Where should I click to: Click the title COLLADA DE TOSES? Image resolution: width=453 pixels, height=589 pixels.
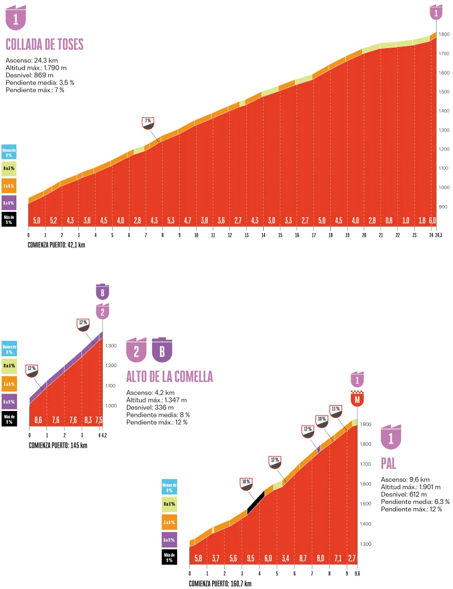coord(44,44)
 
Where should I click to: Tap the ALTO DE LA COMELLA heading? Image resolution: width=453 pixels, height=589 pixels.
coord(169,377)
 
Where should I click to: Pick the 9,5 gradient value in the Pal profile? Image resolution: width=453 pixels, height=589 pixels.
coord(251,558)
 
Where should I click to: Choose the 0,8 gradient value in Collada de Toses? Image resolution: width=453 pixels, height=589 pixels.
coord(389,220)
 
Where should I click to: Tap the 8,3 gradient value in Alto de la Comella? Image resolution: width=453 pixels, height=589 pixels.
coord(88,420)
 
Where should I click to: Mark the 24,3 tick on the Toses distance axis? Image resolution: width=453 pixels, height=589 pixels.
coord(439,236)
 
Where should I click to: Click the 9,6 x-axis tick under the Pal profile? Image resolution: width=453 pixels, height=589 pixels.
coord(357,574)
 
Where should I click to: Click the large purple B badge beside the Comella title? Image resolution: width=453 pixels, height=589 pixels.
coord(162,350)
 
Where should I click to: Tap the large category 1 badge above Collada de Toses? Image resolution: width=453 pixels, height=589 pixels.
coord(16,18)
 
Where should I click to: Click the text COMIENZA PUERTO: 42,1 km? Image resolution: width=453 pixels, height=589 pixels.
coord(57,245)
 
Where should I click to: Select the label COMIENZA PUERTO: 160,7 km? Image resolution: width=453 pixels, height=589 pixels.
coord(220,583)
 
